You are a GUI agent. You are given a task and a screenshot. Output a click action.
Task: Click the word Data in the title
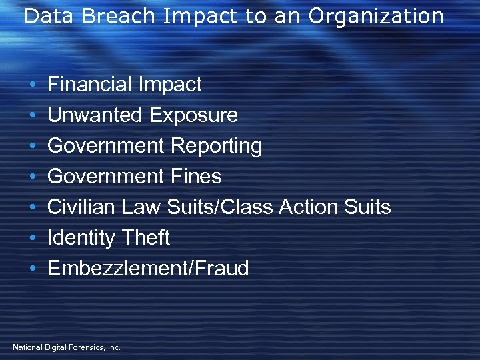(44, 16)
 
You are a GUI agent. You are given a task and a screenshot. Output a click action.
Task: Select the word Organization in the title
(377, 16)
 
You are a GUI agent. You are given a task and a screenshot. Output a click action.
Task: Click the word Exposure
(193, 115)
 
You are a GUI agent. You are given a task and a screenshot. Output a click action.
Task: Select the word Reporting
(217, 146)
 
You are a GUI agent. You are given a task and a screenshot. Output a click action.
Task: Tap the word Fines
(196, 177)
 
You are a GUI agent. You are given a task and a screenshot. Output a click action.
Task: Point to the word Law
(141, 207)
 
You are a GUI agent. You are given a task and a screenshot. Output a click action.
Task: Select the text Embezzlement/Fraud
(148, 269)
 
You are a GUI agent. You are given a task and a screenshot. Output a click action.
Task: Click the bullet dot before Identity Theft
(33, 239)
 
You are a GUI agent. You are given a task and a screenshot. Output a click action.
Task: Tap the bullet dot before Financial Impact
(33, 85)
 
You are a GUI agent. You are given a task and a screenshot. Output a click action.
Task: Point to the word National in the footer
(27, 347)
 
